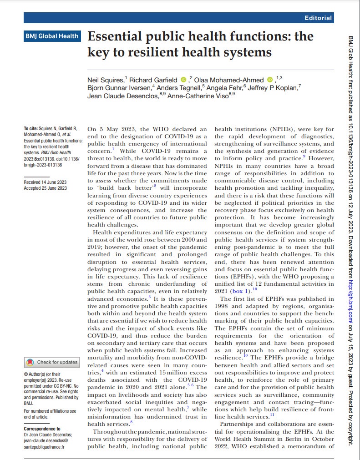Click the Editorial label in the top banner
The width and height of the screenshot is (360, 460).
(318, 18)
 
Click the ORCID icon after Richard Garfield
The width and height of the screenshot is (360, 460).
(183, 80)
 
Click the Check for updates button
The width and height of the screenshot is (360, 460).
(52, 362)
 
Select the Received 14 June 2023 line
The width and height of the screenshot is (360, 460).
(45, 182)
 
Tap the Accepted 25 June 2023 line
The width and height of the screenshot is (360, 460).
(45, 188)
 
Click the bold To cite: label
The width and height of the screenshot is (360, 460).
(31, 129)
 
